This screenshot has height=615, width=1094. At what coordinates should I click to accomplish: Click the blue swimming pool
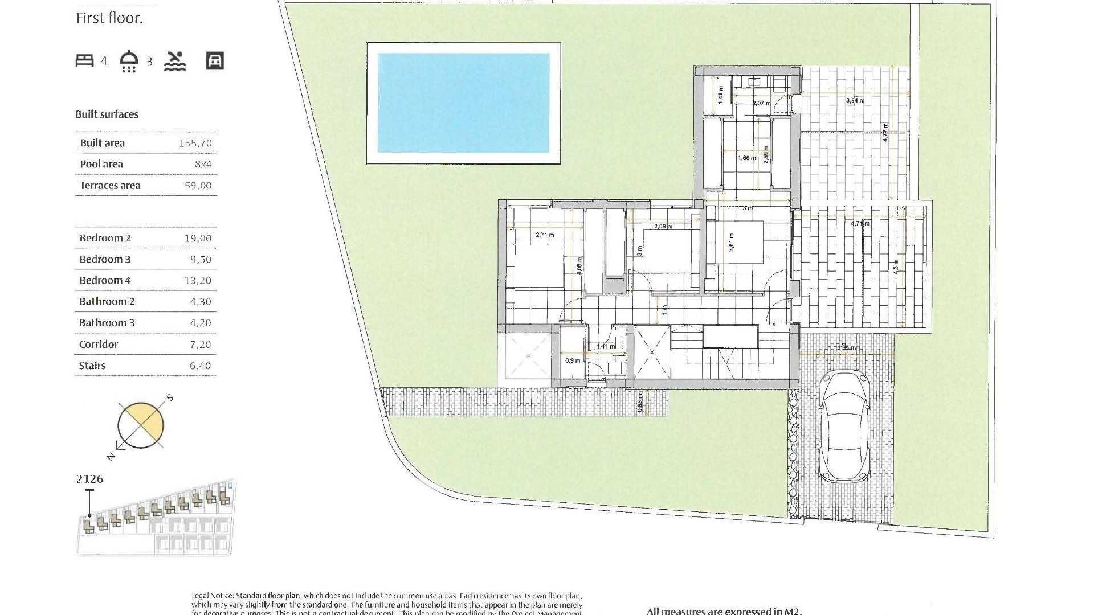coord(463,103)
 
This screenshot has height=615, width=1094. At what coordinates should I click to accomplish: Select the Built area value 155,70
coord(195,143)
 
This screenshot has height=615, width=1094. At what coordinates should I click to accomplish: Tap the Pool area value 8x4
coord(203,165)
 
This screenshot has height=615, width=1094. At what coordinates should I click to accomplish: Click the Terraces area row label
coord(110,186)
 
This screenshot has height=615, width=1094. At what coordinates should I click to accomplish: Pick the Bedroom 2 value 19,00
coord(198,239)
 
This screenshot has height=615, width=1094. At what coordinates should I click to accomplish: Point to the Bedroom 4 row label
coord(105,281)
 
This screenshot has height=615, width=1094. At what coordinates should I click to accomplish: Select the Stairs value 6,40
coord(200,366)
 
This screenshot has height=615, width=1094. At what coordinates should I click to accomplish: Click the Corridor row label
coord(99,345)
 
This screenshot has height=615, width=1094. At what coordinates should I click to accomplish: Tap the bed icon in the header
coord(85,60)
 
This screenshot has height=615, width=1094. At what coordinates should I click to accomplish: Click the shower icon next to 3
coord(129,61)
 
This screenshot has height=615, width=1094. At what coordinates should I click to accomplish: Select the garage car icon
coord(215,61)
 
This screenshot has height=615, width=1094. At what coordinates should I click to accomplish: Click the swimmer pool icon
coord(175,61)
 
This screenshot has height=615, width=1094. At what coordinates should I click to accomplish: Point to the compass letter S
coord(169,398)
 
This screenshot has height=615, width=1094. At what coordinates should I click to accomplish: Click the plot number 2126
coord(90,479)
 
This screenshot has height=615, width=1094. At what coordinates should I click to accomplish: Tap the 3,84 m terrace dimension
coord(855,101)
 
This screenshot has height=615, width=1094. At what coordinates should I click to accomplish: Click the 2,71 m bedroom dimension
coord(544,235)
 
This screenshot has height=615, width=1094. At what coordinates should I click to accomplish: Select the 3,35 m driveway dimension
coord(846,348)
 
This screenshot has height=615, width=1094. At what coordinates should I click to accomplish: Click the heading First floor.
coord(109,18)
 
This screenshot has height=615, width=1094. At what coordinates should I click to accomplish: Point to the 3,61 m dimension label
coord(731,242)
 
